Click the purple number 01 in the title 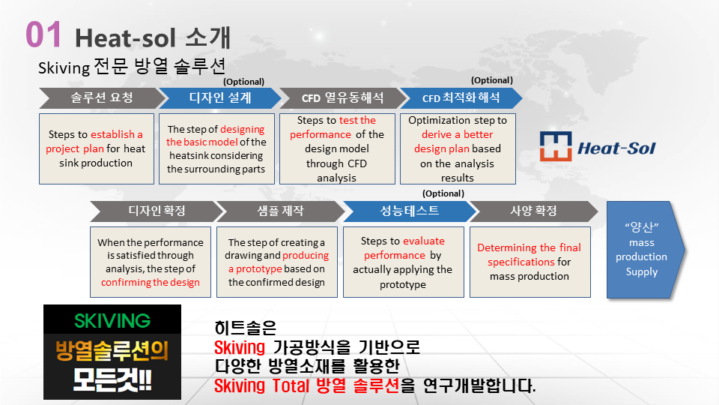(x=43, y=34)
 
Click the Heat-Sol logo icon (x=555, y=146)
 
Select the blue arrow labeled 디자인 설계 (x=220, y=97)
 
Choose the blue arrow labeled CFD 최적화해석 (x=461, y=97)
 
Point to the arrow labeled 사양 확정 (x=533, y=211)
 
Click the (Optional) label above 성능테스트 (x=443, y=193)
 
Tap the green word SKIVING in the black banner (x=112, y=320)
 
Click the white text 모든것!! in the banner (x=112, y=381)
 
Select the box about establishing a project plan (x=97, y=148)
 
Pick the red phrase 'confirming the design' (x=151, y=283)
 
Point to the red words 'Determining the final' (x=530, y=248)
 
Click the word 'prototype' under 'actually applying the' (x=403, y=285)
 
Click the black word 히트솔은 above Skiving (x=246, y=328)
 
